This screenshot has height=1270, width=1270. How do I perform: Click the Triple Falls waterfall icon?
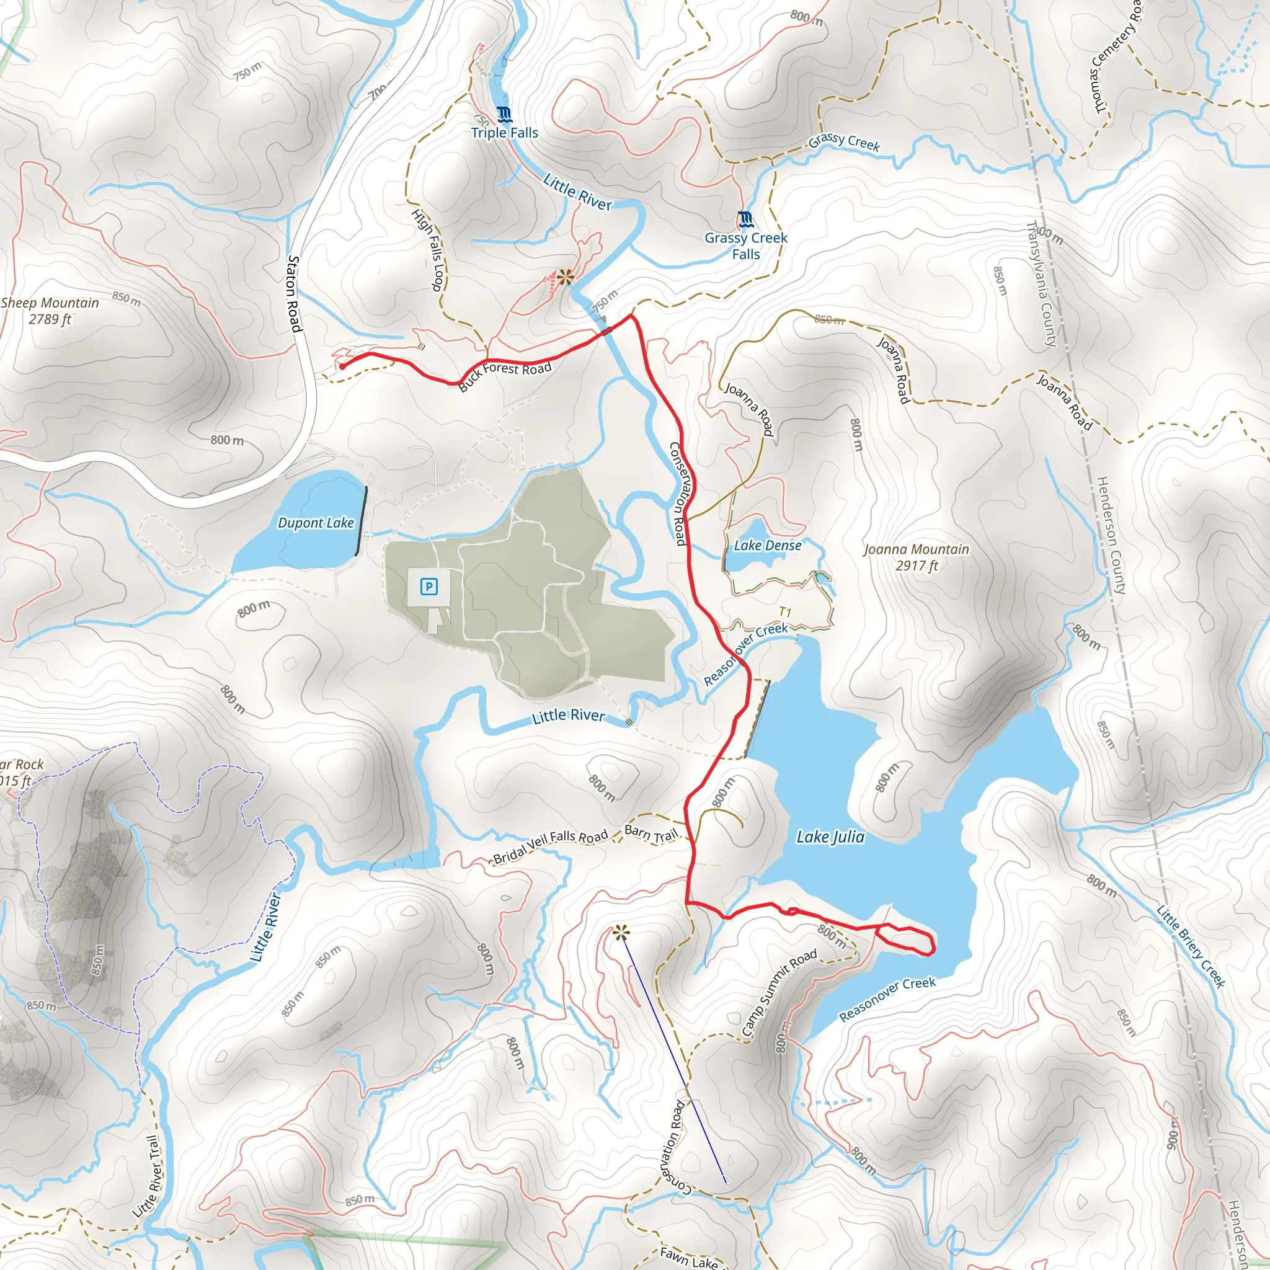[x=504, y=115]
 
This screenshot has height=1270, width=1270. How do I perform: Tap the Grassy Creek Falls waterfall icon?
[x=745, y=219]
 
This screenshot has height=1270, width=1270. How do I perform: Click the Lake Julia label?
[x=830, y=837]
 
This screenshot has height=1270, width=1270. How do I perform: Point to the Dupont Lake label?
[x=316, y=523]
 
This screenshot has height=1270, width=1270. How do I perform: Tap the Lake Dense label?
[x=767, y=546]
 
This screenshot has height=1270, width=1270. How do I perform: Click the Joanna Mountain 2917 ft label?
[x=916, y=557]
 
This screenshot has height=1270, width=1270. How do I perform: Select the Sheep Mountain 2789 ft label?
[x=50, y=311]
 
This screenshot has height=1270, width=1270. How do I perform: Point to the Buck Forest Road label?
[x=505, y=376]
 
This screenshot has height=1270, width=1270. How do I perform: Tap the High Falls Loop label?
[x=427, y=250]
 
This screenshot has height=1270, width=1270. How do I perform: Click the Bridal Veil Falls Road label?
[x=550, y=846]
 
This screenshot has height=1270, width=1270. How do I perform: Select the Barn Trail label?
[x=650, y=833]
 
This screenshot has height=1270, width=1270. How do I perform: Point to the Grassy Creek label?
[x=844, y=142]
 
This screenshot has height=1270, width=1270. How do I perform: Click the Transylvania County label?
[x=1041, y=284]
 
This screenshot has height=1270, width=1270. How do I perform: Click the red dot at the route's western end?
[x=342, y=366]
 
